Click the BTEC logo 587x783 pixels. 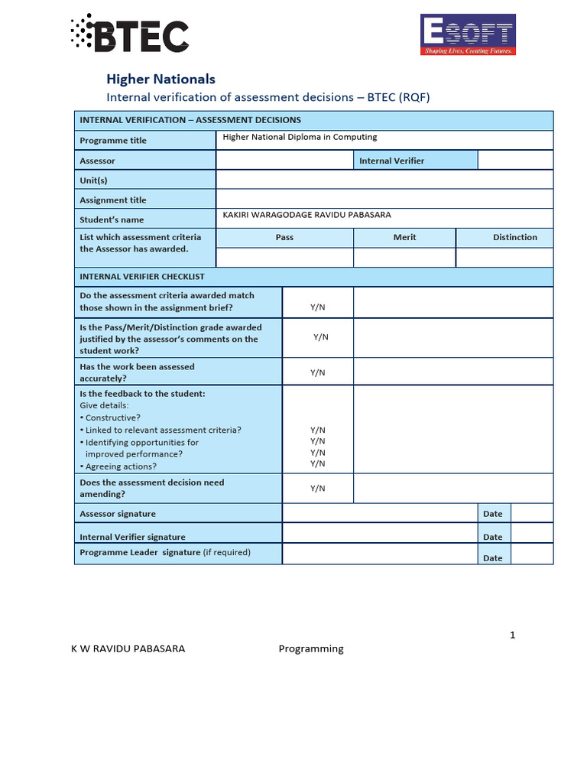coord(129,34)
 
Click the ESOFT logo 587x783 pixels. coord(468,35)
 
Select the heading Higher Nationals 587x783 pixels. coord(161,79)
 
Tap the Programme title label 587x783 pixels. coord(113,141)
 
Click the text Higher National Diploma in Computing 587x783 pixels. coord(300,138)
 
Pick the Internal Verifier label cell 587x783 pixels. coord(391,161)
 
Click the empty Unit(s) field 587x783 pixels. coord(384,180)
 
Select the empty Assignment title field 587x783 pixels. coord(384,200)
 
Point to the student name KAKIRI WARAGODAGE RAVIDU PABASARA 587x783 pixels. coord(306,216)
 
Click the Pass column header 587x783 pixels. coord(284,238)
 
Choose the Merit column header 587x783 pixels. coord(404,238)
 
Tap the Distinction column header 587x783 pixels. coord(514,238)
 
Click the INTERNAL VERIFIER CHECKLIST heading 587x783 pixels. coord(142,277)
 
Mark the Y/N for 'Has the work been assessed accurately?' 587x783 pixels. coord(317,372)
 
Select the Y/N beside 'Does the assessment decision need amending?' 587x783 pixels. coord(317,488)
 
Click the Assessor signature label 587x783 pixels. coord(118,514)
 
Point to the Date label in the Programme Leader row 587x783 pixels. coord(493,558)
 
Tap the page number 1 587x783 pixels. coord(513,635)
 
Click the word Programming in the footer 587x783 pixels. coord(311,649)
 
